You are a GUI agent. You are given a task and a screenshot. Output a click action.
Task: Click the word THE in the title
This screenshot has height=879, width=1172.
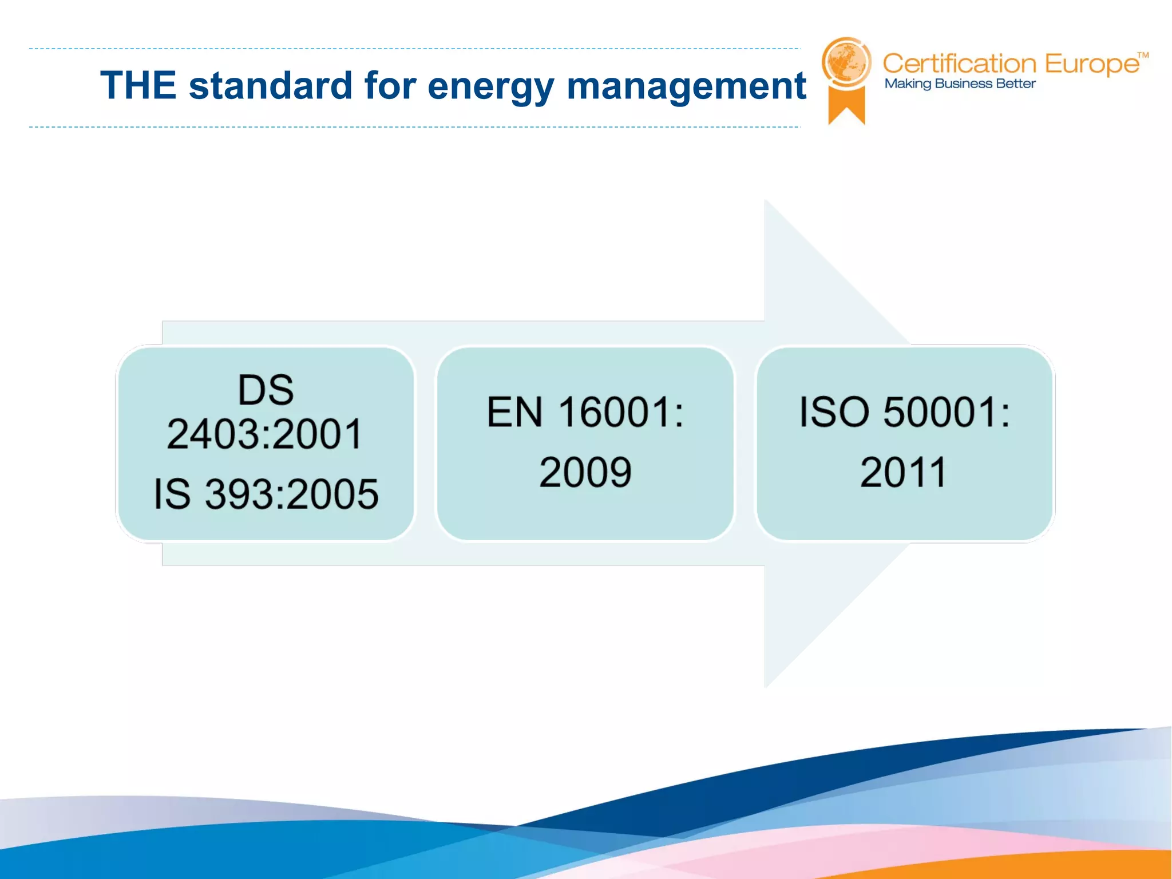pos(138,86)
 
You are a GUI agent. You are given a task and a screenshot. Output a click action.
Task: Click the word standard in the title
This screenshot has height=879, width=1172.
pos(270,86)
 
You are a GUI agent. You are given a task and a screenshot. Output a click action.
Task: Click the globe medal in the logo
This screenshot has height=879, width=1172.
pos(846,62)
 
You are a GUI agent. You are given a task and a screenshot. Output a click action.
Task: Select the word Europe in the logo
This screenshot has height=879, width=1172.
pos(1092,64)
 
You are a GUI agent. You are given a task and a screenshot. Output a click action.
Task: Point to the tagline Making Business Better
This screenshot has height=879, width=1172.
pos(960,84)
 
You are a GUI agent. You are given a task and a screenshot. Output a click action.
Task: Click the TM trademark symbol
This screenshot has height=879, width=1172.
pos(1143,56)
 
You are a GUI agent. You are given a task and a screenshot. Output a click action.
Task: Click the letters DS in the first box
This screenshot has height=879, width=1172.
pos(266,390)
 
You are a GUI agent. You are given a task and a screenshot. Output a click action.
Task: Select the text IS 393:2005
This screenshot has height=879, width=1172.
pos(266,494)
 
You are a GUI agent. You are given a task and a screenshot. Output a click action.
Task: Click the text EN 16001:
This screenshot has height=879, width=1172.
pos(585,412)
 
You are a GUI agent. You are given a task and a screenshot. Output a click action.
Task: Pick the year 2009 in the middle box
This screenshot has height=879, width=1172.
pos(585,473)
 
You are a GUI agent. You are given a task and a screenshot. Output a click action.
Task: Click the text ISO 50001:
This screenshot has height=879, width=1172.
pos(904,412)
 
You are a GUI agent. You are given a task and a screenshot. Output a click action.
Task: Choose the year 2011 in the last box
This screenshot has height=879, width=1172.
pos(904,473)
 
